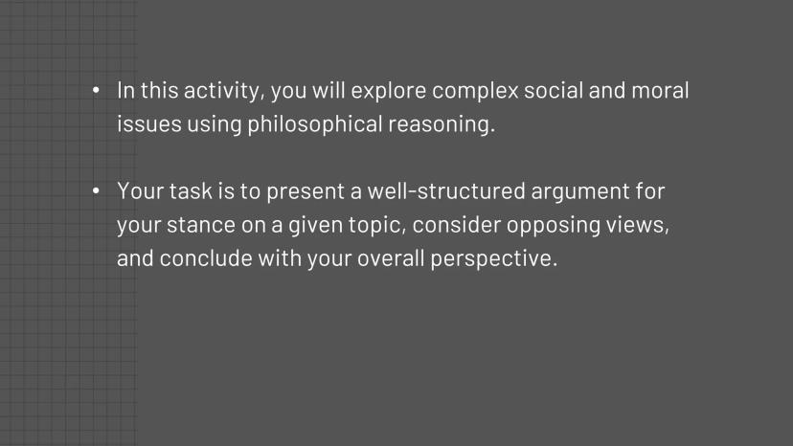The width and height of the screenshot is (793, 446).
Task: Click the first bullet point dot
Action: [96, 91]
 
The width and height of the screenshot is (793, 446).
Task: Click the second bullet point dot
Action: [96, 191]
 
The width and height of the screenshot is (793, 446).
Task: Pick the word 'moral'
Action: [660, 91]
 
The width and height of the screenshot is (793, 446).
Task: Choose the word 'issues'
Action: [149, 124]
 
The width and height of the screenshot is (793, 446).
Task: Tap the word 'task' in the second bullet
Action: [191, 191]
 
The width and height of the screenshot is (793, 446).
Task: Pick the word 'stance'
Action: [201, 225]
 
